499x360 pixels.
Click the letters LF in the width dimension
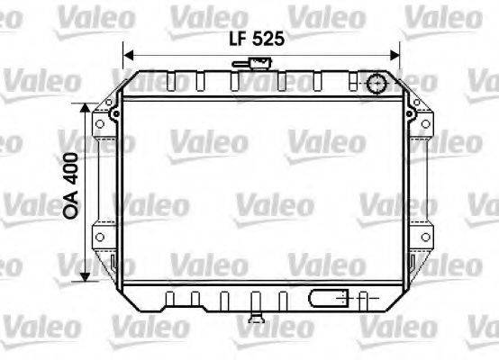235,39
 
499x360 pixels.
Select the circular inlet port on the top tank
376,85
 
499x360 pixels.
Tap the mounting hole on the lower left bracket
115,263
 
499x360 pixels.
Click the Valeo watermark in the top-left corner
26,13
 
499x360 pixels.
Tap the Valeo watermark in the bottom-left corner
26,321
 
